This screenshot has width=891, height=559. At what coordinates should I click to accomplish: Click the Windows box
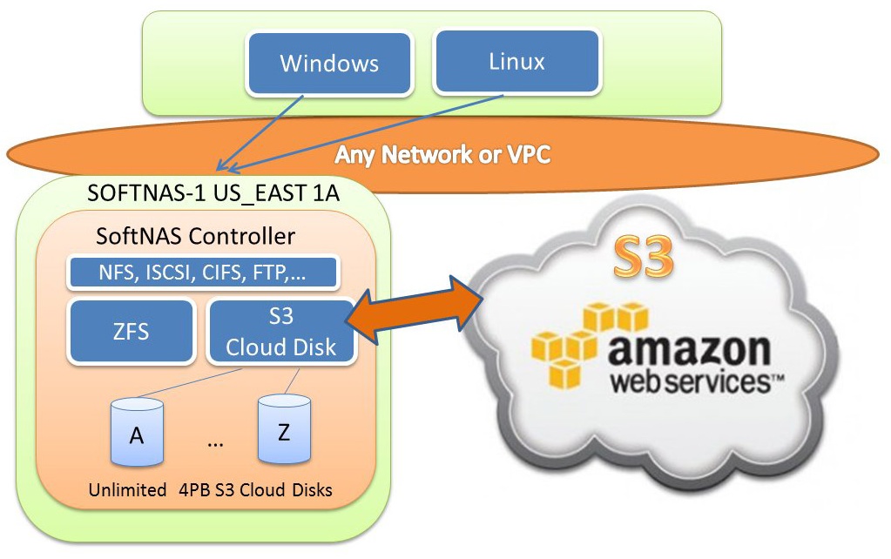pos(329,63)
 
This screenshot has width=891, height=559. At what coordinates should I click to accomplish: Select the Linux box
pos(516,61)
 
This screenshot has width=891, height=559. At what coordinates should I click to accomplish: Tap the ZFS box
pos(132,331)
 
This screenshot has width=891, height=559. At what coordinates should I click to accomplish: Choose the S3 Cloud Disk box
pos(281,331)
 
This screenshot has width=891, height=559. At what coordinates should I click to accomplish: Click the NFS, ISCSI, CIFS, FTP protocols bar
pos(203,273)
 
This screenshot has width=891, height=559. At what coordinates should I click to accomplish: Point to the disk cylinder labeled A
pos(137,432)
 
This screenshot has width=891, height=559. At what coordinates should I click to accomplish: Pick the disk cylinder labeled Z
pos(284,429)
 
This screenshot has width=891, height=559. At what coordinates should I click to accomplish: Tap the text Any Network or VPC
pos(442,154)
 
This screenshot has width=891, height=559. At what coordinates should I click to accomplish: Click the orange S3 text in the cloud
pos(644,257)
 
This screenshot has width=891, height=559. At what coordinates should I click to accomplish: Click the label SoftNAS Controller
pos(195,236)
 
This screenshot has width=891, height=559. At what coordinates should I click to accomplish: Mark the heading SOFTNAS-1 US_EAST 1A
pos(213,193)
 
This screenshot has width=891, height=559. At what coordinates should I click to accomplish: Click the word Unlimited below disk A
pos(127,489)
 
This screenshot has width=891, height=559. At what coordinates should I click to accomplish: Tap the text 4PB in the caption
pos(194,489)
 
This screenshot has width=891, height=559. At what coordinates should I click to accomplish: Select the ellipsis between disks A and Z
pos(215,444)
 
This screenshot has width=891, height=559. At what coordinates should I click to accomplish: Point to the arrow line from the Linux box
pos(366,133)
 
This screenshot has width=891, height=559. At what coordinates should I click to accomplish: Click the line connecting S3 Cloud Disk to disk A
pos(190,382)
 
